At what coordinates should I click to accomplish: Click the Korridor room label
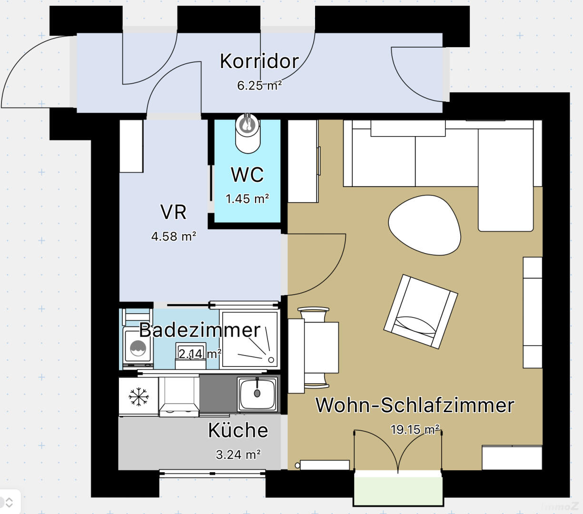point(259,61)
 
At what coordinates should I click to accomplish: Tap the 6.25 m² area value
point(259,86)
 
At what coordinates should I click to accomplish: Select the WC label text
point(247,175)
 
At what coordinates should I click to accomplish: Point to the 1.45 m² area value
point(247,198)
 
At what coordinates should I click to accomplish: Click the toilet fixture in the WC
point(247,133)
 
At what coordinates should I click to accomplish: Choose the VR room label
point(174,212)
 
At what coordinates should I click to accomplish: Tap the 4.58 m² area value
point(174,236)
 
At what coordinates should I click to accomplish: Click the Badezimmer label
point(200,330)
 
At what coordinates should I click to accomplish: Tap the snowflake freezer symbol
point(138,396)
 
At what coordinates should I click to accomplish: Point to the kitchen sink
point(257,394)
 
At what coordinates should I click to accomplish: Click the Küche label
point(238,430)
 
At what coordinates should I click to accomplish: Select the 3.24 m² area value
point(238,455)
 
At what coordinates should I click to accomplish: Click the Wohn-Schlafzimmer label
point(415,405)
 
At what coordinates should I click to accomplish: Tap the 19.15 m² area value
point(415,430)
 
